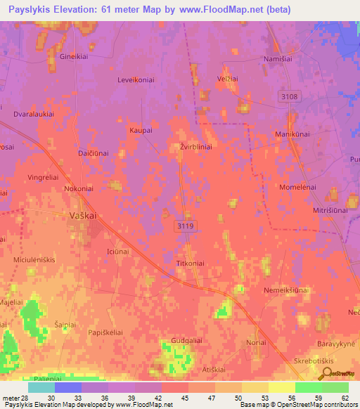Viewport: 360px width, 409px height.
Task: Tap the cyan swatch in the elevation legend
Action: tap(41, 387)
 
